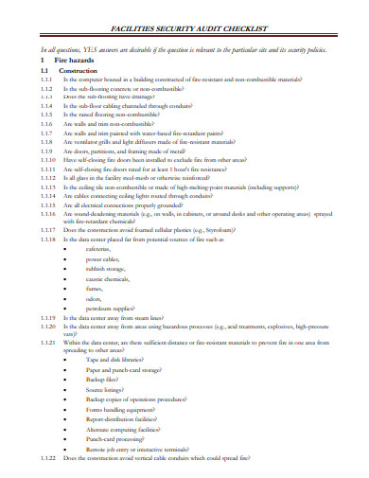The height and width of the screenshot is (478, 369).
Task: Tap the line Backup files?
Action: tap(108, 379)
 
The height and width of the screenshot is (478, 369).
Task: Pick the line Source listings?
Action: tap(111, 388)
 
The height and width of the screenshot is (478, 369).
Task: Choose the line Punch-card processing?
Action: tap(120, 439)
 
